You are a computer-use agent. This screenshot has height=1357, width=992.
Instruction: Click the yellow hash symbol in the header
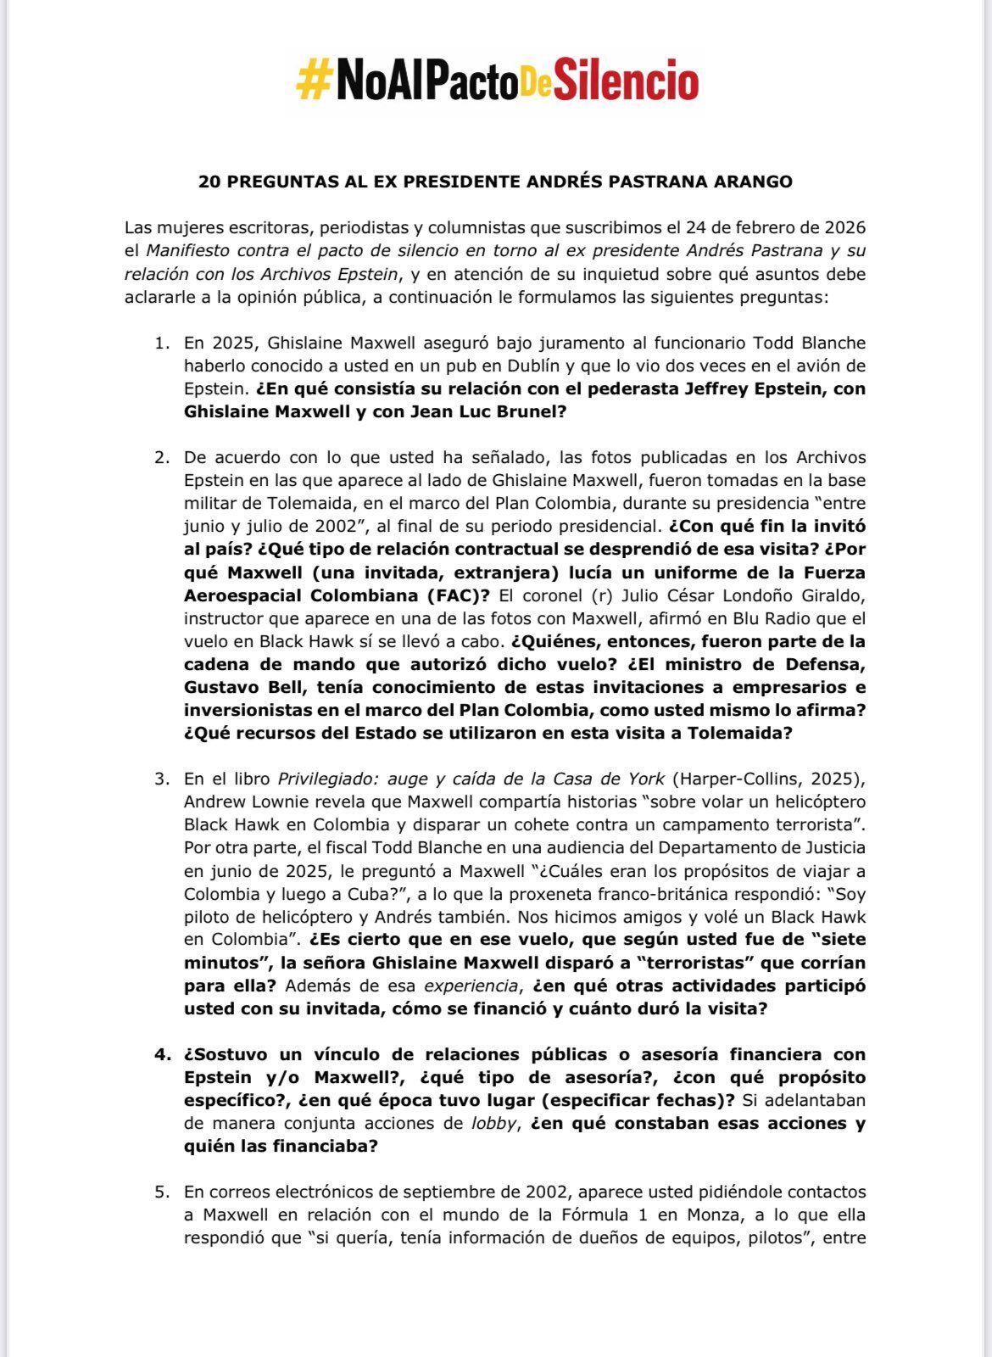pos(312,82)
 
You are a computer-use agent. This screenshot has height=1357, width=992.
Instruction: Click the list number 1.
pos(161,343)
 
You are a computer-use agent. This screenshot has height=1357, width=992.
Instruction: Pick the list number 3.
pos(161,779)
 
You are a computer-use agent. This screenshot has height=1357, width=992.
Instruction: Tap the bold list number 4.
pos(161,1054)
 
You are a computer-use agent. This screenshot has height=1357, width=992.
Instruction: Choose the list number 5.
pos(161,1192)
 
